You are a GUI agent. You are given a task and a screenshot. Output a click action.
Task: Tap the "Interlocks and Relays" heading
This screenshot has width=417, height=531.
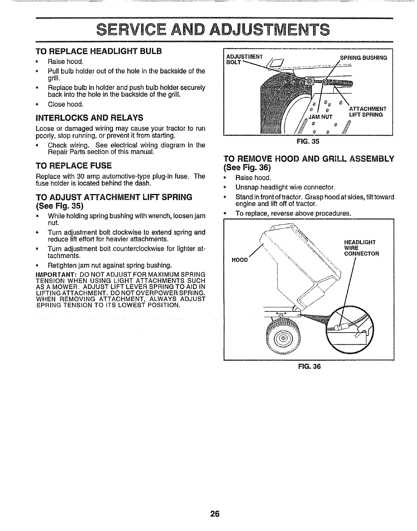click(x=90, y=118)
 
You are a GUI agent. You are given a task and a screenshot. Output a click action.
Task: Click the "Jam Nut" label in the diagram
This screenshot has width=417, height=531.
click(x=320, y=115)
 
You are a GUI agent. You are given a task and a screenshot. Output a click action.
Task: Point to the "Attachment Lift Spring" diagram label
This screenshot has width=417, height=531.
click(x=368, y=112)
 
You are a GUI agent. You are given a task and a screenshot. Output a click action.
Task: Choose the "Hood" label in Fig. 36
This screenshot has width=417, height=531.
click(x=239, y=260)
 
